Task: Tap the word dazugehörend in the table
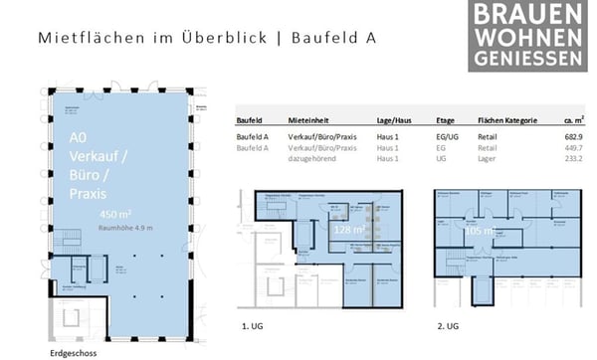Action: click(x=311, y=158)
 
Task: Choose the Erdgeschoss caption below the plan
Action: click(x=76, y=352)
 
